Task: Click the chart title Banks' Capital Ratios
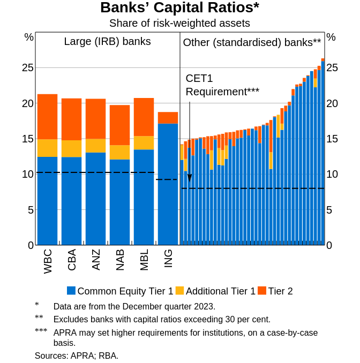point(179,8)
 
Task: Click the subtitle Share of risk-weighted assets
point(179,23)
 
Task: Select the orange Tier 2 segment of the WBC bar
point(47,117)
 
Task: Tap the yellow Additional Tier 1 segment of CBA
point(71,148)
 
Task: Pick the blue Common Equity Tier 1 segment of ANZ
point(95,198)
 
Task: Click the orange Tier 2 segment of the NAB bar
point(119,125)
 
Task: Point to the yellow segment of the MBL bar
point(144,142)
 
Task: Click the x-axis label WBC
point(48,261)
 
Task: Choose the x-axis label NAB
point(121,260)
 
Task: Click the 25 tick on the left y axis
point(27,67)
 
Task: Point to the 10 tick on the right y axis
point(332,174)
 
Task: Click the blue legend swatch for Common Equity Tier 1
point(71,291)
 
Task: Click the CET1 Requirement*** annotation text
point(222,85)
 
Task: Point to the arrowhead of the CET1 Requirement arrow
point(190,178)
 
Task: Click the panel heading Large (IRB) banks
point(107,42)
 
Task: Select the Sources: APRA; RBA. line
point(77,356)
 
